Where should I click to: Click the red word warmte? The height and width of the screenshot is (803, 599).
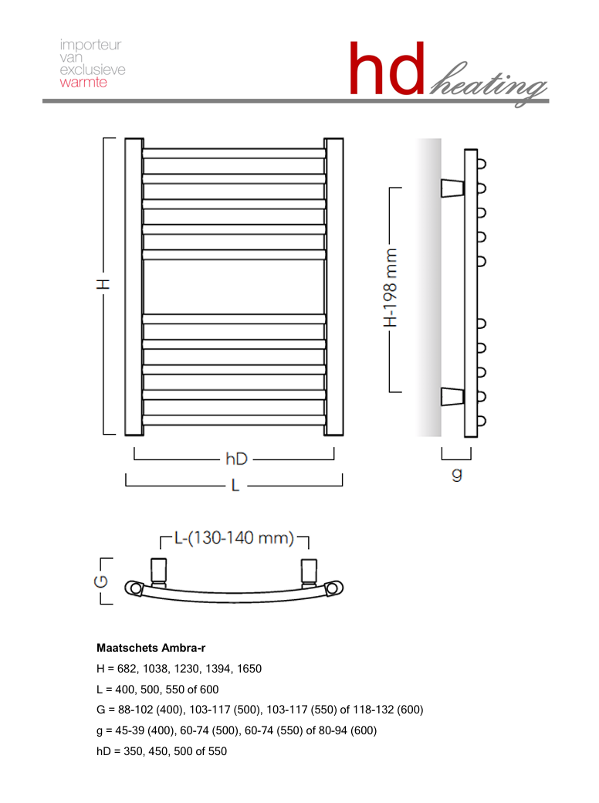(83, 83)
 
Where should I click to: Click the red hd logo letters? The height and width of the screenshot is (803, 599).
(387, 69)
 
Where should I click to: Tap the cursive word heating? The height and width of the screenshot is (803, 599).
(488, 84)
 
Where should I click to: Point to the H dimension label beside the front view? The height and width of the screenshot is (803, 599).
(103, 284)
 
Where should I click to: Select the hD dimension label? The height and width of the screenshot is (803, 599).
(236, 459)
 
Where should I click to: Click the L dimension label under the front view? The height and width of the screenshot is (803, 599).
(235, 485)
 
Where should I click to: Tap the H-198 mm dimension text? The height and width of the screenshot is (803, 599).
(390, 288)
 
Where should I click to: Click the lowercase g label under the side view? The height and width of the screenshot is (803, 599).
(457, 474)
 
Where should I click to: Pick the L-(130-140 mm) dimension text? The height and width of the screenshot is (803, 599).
(235, 537)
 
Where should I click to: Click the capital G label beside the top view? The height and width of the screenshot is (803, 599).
(101, 581)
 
